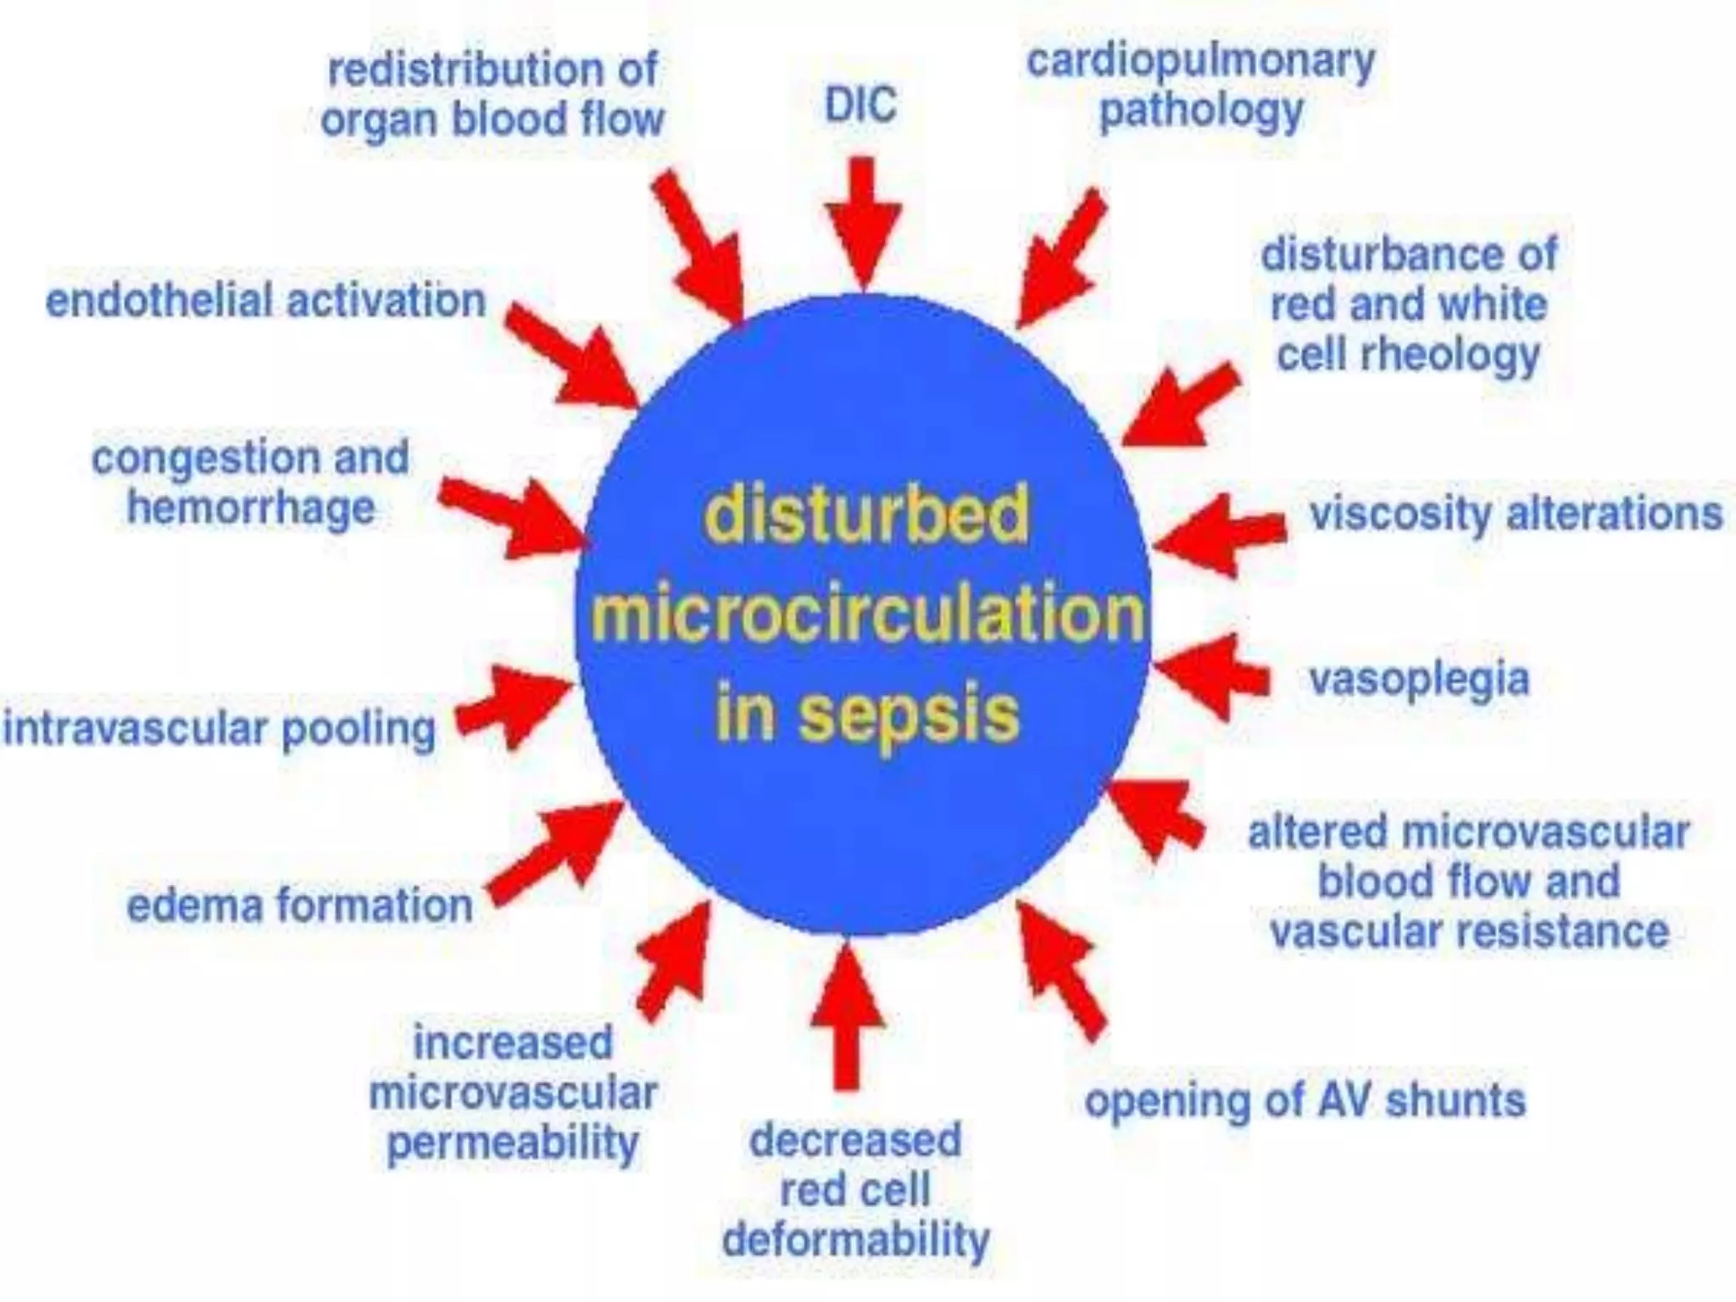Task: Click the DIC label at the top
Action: tap(860, 106)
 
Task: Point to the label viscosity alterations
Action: tap(1516, 514)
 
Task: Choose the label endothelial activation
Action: tap(265, 302)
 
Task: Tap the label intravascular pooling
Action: tap(220, 729)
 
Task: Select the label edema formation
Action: tap(299, 905)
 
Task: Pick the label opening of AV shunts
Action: tap(1305, 1100)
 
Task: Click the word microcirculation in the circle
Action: tap(867, 612)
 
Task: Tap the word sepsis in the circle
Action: tap(909, 714)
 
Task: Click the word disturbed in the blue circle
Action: tap(866, 514)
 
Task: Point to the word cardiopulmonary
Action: tap(1200, 61)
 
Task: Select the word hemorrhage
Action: tap(251, 509)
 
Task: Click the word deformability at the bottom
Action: tap(855, 1240)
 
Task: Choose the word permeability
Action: tap(513, 1143)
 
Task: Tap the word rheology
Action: tap(1449, 355)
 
